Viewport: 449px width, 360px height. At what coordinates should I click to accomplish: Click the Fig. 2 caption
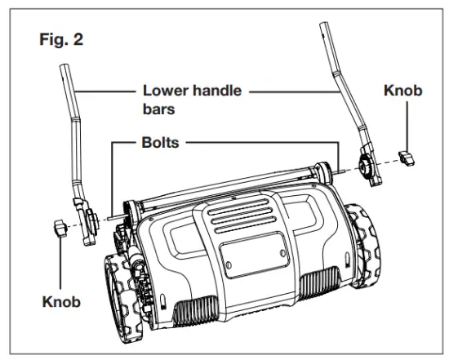click(60, 38)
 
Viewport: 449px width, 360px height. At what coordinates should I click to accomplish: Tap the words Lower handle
click(192, 91)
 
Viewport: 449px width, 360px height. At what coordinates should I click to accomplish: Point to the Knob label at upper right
click(402, 91)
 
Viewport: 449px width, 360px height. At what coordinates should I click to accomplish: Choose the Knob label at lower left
click(61, 301)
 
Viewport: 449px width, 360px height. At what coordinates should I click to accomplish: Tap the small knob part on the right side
click(406, 157)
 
